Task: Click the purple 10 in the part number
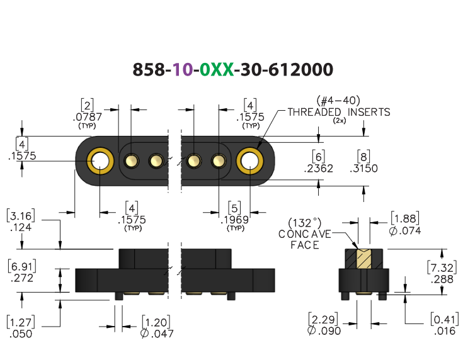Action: pyautogui.click(x=182, y=70)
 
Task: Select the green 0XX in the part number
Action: pyautogui.click(x=217, y=70)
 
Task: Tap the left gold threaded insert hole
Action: pyautogui.click(x=100, y=161)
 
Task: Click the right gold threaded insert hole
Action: pyautogui.click(x=250, y=161)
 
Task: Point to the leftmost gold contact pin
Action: pyautogui.click(x=132, y=161)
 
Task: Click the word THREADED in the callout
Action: pyautogui.click(x=314, y=112)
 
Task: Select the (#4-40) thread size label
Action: pyautogui.click(x=338, y=101)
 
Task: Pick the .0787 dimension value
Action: pyautogui.click(x=88, y=117)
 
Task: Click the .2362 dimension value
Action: pyautogui.click(x=318, y=169)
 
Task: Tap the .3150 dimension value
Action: pyautogui.click(x=363, y=169)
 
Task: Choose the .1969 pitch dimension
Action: pyautogui.click(x=235, y=220)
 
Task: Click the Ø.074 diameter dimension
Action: pyautogui.click(x=405, y=231)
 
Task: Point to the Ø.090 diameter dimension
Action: pyautogui.click(x=324, y=331)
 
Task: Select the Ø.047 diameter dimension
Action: pyautogui.click(x=157, y=334)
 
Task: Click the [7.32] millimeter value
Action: pyautogui.click(x=442, y=267)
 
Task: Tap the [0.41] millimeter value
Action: pyautogui.click(x=445, y=319)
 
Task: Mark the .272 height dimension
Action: pyautogui.click(x=22, y=278)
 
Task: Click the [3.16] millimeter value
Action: pyautogui.click(x=21, y=215)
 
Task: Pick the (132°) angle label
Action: pyautogui.click(x=304, y=223)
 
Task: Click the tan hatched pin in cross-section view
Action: pyautogui.click(x=364, y=259)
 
